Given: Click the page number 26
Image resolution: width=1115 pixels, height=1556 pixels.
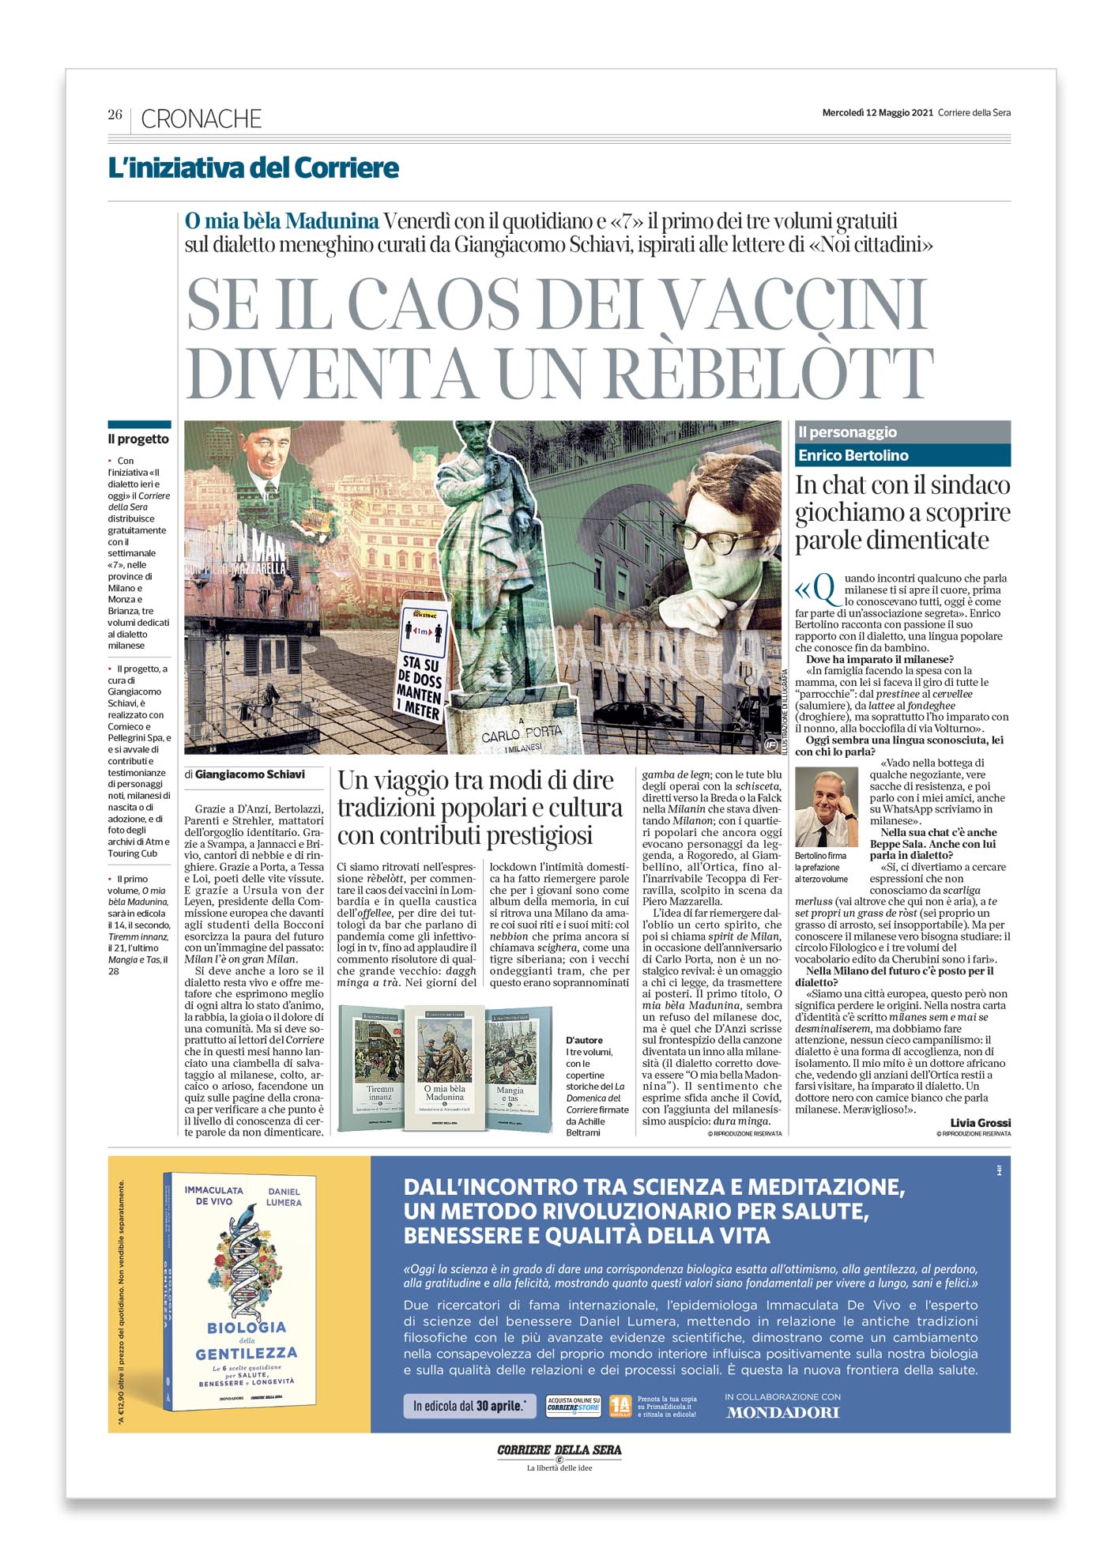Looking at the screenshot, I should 115,115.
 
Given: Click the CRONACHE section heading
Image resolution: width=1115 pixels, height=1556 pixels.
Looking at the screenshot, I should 201,119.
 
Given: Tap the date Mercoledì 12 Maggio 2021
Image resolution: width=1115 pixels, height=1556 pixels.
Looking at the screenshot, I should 877,112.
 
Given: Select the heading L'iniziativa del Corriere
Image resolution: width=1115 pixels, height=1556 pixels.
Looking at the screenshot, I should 253,168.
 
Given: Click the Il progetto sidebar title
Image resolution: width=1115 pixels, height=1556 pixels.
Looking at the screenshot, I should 138,439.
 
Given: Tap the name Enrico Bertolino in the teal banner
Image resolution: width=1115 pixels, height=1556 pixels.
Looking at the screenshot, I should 853,455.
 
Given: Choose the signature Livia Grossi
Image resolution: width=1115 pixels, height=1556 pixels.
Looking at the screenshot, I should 980,1122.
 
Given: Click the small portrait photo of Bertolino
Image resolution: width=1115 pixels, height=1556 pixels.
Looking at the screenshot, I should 826,807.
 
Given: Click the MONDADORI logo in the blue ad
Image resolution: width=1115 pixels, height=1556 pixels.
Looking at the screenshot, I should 782,1412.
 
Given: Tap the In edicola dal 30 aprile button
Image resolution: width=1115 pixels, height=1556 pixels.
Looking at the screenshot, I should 469,1406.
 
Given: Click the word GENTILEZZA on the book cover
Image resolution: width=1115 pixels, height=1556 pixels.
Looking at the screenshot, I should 247,1354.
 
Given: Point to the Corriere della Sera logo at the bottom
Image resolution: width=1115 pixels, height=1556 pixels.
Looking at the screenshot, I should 559,1450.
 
